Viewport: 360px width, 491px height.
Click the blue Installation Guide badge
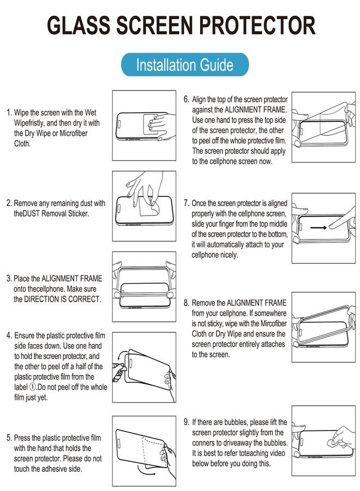185,65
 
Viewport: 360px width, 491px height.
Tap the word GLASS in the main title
78,25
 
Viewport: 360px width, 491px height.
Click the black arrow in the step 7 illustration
319,227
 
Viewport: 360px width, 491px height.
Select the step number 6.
186,99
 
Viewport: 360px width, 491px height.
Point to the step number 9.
187,422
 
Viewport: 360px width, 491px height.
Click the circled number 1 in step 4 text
33,387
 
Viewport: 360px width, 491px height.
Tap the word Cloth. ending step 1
22,143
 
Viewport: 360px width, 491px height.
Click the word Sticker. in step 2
79,213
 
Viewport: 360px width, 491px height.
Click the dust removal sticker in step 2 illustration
149,206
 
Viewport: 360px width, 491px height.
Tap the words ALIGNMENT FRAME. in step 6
256,110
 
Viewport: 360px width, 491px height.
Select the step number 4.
9,336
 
